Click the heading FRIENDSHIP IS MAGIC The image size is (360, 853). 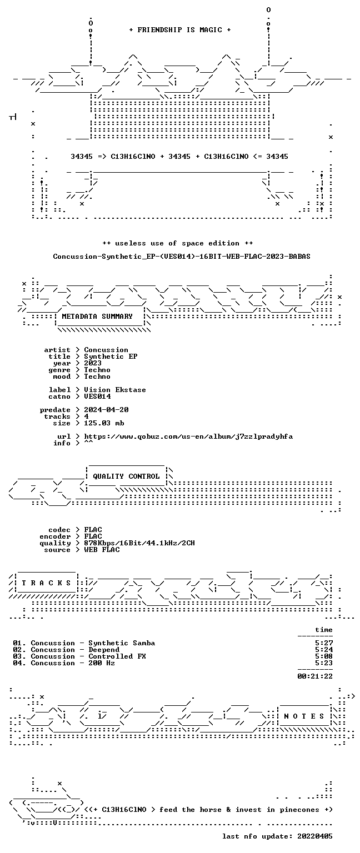click(x=180, y=29)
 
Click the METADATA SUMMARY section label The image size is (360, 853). click(x=97, y=316)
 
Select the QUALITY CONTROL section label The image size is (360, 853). click(x=126, y=476)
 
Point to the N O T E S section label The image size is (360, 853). click(x=304, y=716)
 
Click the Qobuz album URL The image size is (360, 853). click(x=188, y=436)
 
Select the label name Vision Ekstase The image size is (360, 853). click(x=115, y=389)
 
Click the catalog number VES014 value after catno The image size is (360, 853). click(x=98, y=397)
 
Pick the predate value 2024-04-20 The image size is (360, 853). click(x=106, y=410)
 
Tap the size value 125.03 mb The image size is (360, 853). click(x=104, y=423)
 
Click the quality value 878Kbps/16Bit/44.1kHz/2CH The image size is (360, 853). click(x=139, y=543)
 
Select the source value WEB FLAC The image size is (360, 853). click(x=102, y=549)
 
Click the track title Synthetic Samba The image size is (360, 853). click(x=122, y=643)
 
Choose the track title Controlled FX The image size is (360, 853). click(x=117, y=656)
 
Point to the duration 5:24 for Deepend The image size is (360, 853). click(x=324, y=650)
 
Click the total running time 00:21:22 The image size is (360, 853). click(x=315, y=676)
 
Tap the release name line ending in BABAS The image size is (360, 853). click(x=182, y=256)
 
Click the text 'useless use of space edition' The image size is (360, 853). click(x=178, y=243)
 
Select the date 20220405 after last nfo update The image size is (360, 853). click(x=315, y=836)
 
